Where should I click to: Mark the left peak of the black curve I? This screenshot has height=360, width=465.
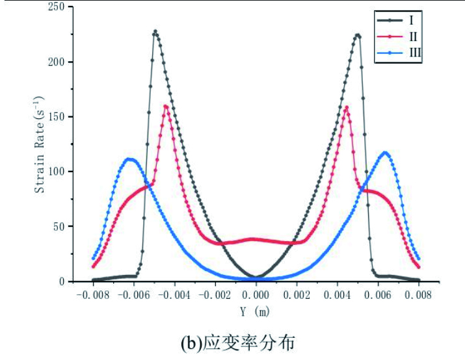point(155,31)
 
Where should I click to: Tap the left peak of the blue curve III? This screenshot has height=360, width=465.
point(130,159)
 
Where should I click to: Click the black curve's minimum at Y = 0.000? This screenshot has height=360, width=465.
point(256,277)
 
